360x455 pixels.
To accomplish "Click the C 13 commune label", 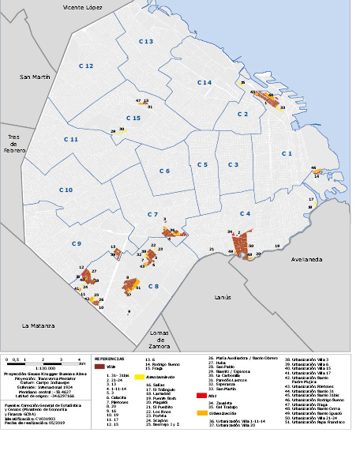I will pyautogui.click(x=146, y=40).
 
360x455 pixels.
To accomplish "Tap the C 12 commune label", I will pyautogui.click(x=86, y=66).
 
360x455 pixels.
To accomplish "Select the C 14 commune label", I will pyautogui.click(x=204, y=82).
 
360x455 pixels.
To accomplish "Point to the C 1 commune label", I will pyautogui.click(x=287, y=153).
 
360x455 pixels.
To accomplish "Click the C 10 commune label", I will pyautogui.click(x=66, y=190).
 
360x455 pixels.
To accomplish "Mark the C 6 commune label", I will pyautogui.click(x=164, y=171).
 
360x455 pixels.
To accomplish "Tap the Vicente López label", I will pyautogui.click(x=84, y=7).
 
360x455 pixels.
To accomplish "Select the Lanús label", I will pyautogui.click(x=223, y=298).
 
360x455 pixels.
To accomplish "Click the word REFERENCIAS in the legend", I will pyautogui.click(x=111, y=358).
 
